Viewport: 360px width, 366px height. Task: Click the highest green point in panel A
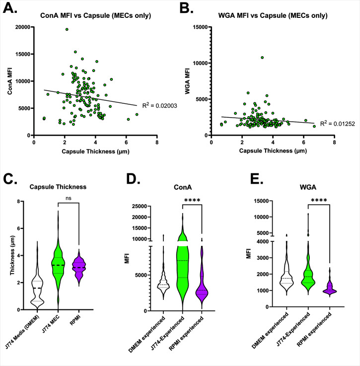click(67, 29)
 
